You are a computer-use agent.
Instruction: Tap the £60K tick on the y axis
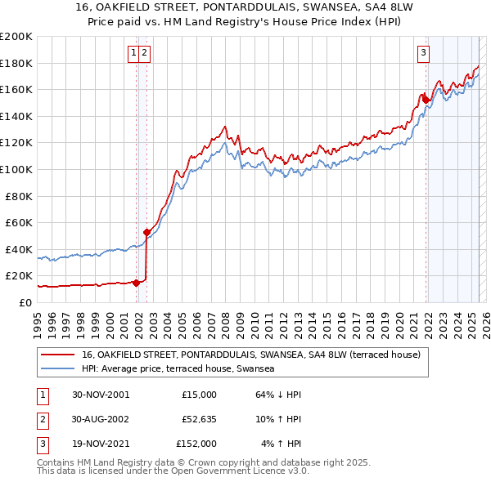[19, 222]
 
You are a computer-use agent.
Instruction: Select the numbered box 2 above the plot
[144, 54]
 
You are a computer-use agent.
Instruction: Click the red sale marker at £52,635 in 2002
[147, 232]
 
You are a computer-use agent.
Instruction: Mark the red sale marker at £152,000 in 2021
[426, 100]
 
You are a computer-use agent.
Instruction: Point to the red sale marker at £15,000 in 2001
[137, 283]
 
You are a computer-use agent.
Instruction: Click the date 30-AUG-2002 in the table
[101, 419]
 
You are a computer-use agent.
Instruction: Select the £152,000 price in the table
[196, 444]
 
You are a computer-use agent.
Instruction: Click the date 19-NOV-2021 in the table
[101, 444]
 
